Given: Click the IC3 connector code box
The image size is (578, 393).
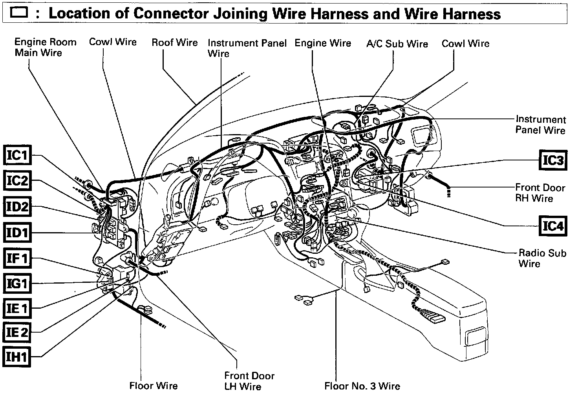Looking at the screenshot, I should [x=553, y=160].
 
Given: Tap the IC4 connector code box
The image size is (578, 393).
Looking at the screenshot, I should [x=553, y=226].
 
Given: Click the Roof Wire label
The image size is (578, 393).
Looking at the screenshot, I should [x=175, y=42].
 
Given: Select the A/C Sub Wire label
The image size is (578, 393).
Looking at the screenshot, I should [x=397, y=44].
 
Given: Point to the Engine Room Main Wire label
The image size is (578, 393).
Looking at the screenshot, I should [x=45, y=47].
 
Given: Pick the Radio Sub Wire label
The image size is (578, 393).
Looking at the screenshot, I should [x=542, y=258].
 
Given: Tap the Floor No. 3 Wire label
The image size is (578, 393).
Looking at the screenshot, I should [x=362, y=386].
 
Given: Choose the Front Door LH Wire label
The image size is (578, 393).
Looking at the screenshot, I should [x=249, y=381].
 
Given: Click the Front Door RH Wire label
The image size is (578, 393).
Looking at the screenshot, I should [x=540, y=193].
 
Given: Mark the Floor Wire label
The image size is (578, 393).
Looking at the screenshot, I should [x=154, y=386].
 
